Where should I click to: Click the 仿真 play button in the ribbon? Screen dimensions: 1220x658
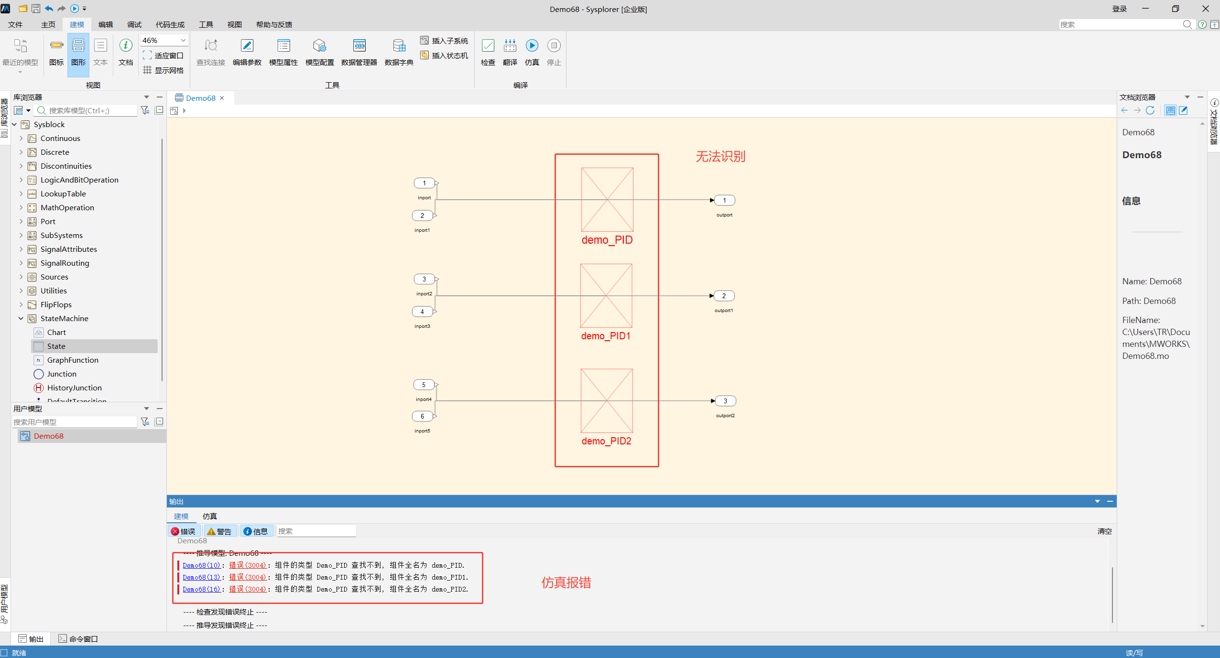coord(532,52)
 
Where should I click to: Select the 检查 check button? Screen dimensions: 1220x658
coord(488,52)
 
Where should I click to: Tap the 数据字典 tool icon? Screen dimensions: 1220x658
coord(399,52)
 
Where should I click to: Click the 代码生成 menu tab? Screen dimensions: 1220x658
coord(170,24)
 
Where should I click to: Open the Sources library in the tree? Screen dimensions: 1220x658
coord(54,277)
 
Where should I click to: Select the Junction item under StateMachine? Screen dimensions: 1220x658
coord(61,374)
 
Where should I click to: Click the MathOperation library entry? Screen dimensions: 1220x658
coord(67,207)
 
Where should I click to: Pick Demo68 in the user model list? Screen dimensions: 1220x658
coord(48,436)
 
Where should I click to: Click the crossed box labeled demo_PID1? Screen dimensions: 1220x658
coord(606,296)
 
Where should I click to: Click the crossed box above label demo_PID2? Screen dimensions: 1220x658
coord(607,401)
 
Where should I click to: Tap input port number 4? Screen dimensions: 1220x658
coord(423,312)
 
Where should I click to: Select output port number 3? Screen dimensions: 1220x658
coord(725,401)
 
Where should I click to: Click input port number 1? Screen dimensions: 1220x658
coord(425,183)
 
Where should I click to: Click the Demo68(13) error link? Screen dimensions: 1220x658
coord(201,577)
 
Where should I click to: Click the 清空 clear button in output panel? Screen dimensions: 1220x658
coord(1104,531)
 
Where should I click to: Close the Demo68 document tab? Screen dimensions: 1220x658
coord(222,98)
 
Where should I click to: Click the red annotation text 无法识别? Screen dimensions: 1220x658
coord(720,156)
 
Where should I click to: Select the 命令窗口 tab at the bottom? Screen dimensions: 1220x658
coord(78,639)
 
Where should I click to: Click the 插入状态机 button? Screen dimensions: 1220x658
coord(444,55)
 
